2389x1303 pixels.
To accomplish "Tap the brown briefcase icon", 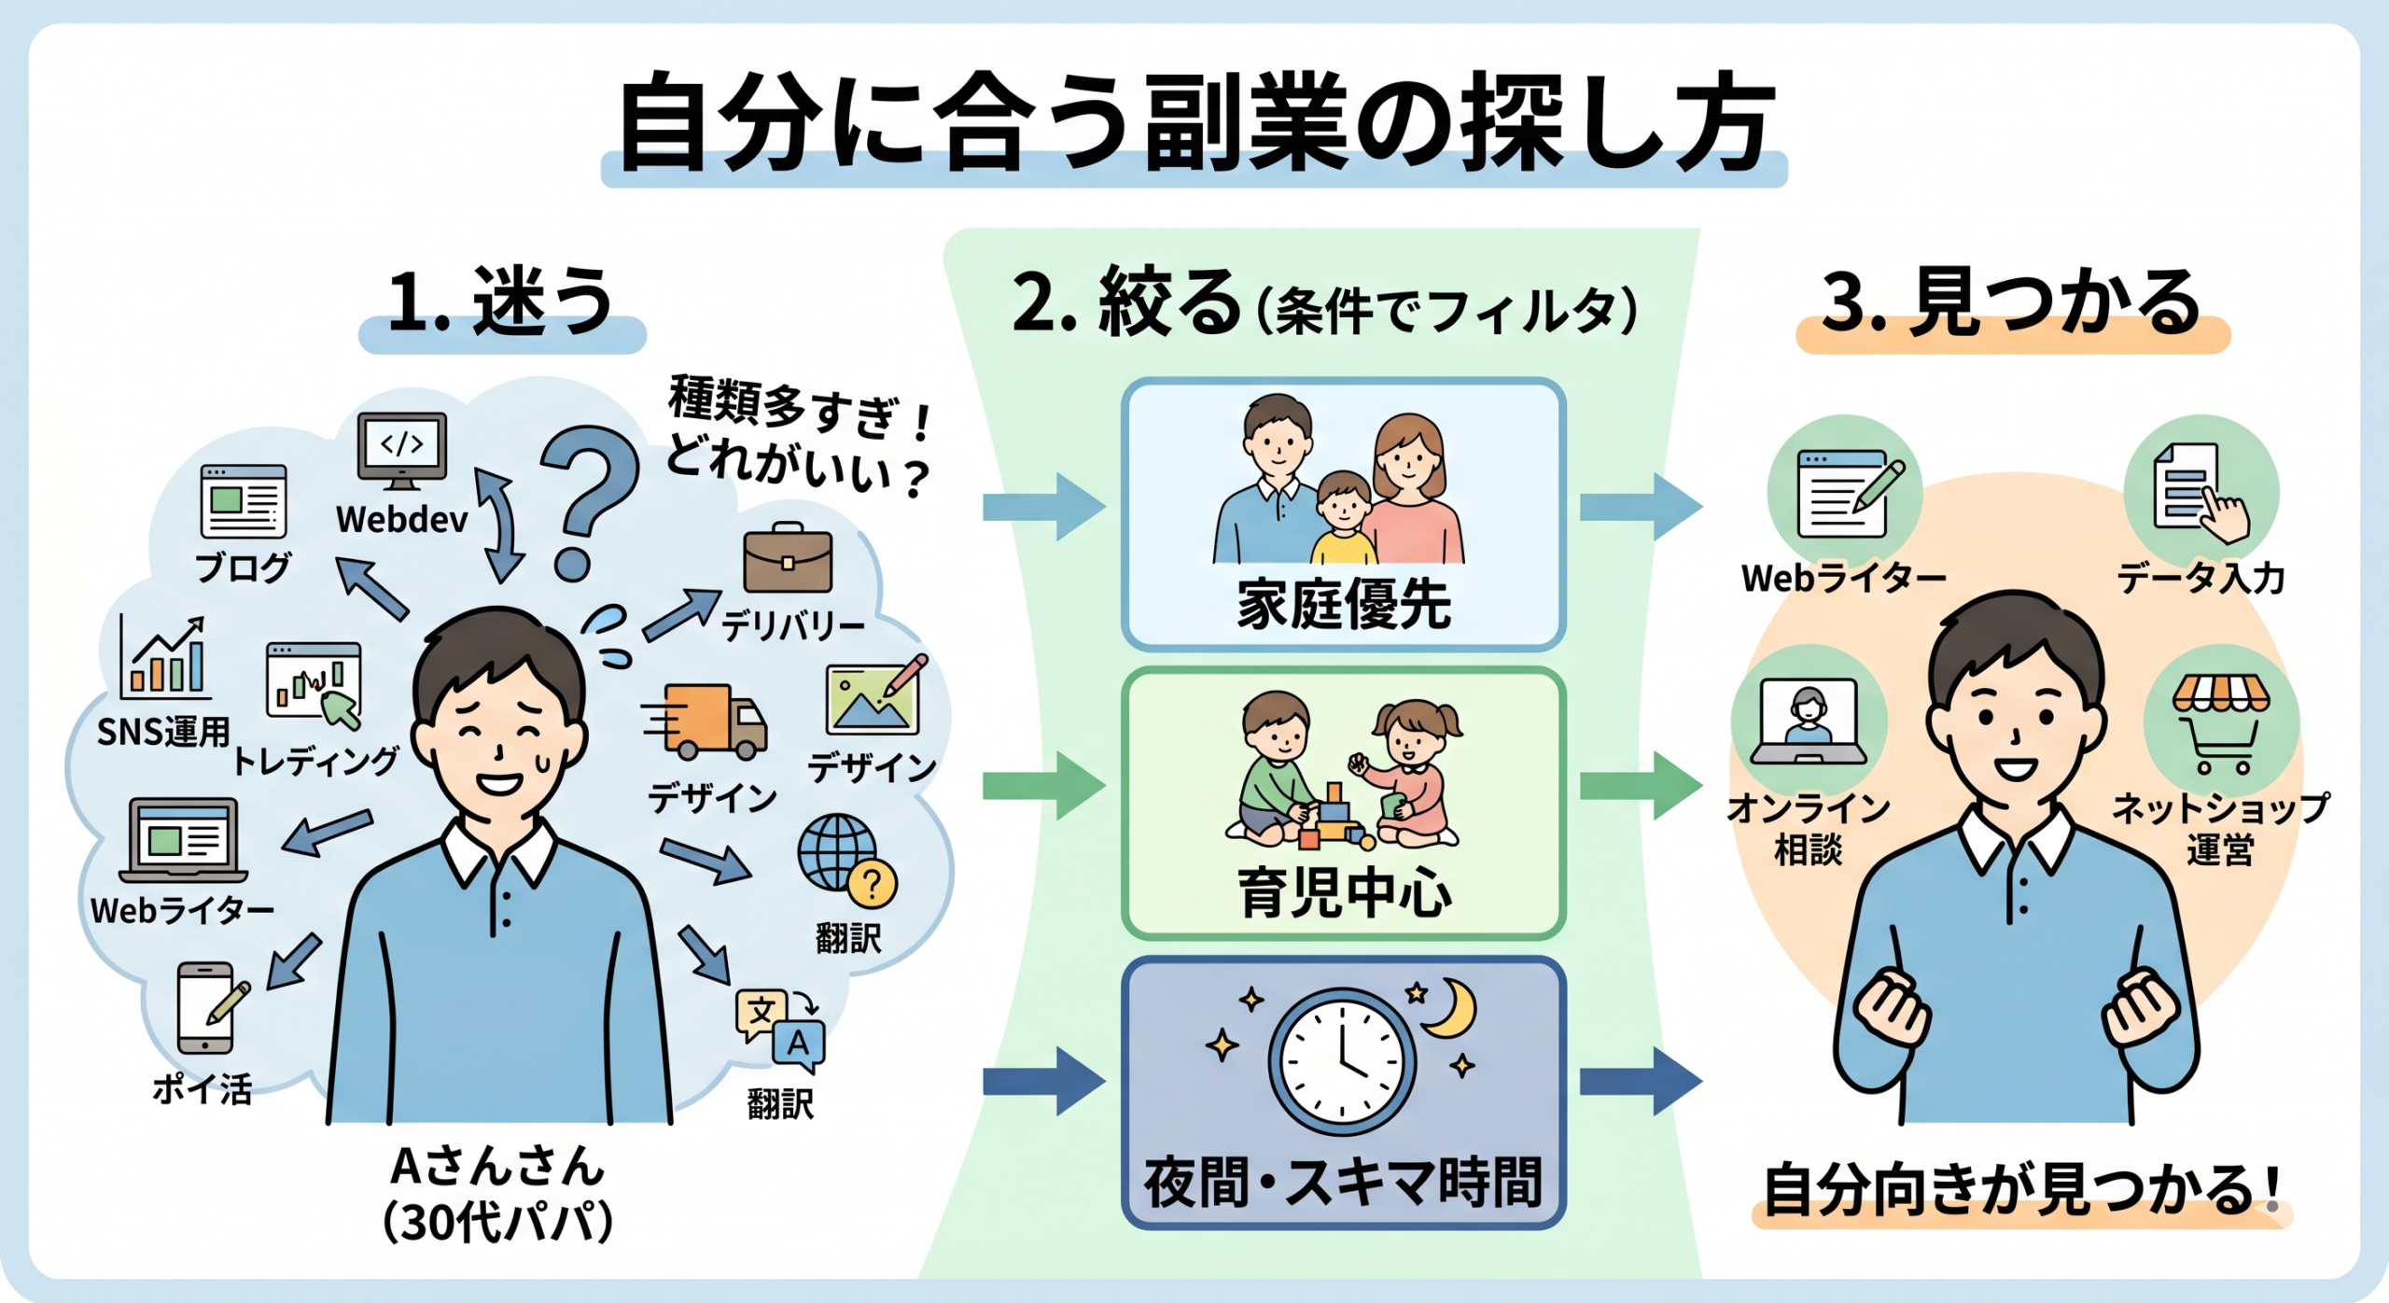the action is coord(788,558).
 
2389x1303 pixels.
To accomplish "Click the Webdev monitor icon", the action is coord(402,451).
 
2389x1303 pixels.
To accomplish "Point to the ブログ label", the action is coord(244,567).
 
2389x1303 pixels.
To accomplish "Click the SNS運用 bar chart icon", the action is coord(163,658).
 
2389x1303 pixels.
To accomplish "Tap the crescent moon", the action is coord(1451,1008).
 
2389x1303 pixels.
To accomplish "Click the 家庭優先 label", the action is coord(1344,605).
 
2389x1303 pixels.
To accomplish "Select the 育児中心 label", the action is coord(1344,893).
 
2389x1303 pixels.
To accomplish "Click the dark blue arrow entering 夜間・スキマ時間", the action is coord(1044,1081).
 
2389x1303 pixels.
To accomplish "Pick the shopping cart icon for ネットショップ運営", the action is coord(2220,725).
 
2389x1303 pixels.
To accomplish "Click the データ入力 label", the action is coord(2200,579).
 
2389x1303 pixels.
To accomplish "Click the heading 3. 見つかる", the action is coord(2012,302).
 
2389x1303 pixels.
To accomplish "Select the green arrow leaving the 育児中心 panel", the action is coord(1641,786).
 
